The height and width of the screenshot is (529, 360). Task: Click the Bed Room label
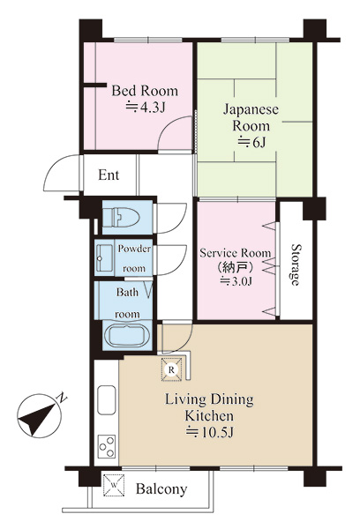point(145,91)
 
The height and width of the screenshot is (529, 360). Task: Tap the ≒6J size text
point(252,143)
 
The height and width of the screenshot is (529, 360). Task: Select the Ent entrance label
point(109,175)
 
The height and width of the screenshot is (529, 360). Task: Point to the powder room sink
point(104,258)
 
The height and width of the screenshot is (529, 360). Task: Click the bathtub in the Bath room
point(127,336)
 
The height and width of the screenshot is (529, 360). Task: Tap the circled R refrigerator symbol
point(172,369)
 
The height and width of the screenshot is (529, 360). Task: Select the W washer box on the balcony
point(114,485)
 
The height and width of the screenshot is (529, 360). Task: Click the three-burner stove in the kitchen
point(107,446)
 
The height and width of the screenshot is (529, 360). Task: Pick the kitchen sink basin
point(107,399)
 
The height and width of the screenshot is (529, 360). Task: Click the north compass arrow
point(36,417)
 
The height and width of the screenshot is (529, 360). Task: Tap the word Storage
point(296,264)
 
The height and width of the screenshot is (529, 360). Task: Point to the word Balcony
point(161,488)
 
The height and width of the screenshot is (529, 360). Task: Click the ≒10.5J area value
point(210,432)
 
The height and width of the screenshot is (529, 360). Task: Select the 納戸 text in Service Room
point(236,267)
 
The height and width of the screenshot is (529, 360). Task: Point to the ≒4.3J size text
point(146,108)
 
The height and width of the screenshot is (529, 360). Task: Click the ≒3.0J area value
point(236,281)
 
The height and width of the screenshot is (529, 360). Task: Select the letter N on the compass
point(62,398)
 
